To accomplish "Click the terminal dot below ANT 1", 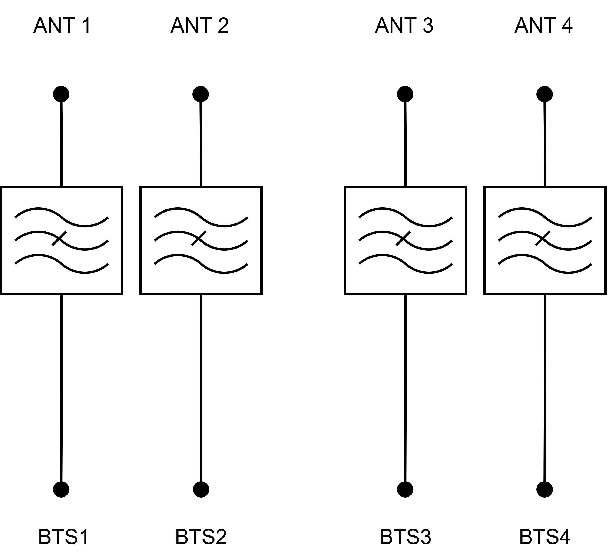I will (x=61, y=94).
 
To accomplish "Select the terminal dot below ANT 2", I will (x=201, y=94).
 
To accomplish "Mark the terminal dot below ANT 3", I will (x=405, y=94).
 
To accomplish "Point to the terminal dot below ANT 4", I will (x=545, y=94).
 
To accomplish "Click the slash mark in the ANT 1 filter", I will (x=59, y=239).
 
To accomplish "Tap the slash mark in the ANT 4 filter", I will (x=543, y=239).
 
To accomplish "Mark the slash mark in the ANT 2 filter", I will (x=199, y=239).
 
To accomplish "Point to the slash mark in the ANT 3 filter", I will (x=403, y=239).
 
